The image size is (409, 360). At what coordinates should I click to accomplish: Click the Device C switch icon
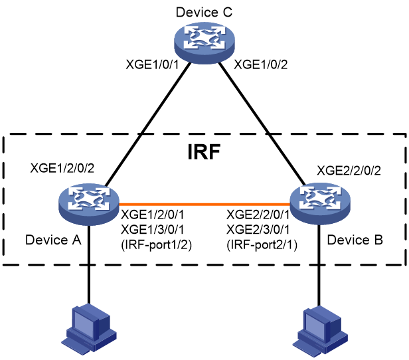tap(204, 43)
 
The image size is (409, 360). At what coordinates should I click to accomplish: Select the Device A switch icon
tap(89, 205)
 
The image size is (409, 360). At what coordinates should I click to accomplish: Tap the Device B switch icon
tap(320, 204)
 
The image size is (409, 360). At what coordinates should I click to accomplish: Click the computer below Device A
tap(89, 329)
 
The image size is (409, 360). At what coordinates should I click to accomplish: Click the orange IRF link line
tap(204, 204)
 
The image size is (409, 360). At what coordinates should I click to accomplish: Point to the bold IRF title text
tap(204, 151)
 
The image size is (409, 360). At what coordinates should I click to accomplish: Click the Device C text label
tap(204, 12)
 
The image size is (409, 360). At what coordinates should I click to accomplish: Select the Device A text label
tap(54, 240)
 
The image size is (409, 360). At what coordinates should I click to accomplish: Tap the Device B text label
tap(355, 240)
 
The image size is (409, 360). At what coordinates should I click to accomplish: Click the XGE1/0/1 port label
tap(152, 64)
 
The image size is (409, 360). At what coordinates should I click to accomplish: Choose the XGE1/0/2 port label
tap(260, 64)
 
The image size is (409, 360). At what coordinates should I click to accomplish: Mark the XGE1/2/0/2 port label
tap(62, 168)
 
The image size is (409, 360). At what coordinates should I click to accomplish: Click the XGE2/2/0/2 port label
tap(349, 171)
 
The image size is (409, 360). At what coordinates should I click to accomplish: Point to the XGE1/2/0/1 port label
tap(153, 215)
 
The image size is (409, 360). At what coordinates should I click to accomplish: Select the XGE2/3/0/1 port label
tap(258, 230)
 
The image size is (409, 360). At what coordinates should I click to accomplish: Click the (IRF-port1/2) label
tap(157, 245)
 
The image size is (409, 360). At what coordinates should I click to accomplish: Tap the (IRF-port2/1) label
tap(262, 245)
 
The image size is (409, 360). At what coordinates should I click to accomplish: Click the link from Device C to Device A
tap(147, 125)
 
